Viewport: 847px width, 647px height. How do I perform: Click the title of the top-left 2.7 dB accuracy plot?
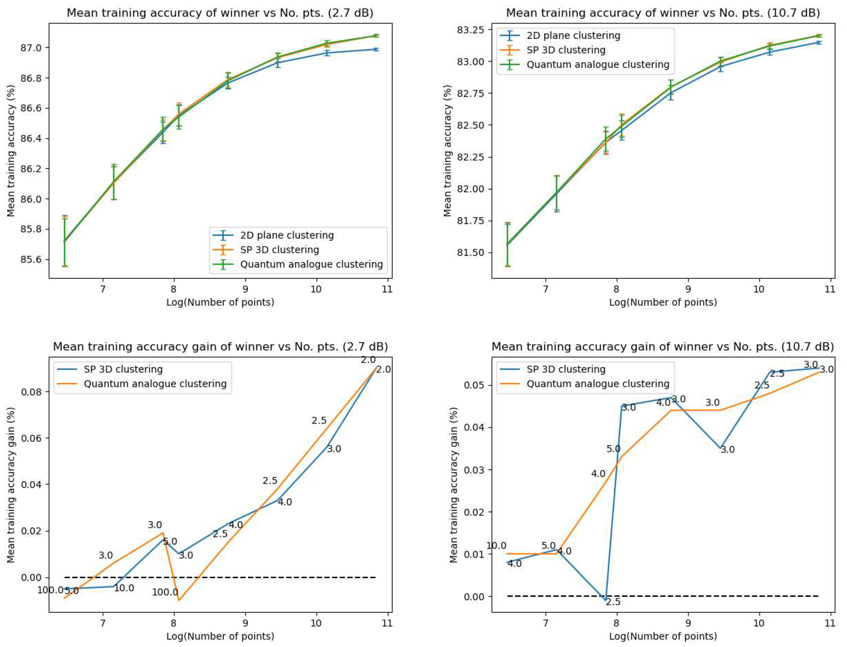(220, 13)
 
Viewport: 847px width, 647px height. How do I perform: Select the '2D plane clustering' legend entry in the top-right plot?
(573, 36)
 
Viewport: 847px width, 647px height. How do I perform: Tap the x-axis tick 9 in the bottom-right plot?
(688, 623)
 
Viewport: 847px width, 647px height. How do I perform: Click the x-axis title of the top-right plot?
(663, 302)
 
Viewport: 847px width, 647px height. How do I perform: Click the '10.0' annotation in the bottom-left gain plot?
(124, 588)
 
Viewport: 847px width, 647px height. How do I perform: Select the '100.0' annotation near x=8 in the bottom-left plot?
(165, 592)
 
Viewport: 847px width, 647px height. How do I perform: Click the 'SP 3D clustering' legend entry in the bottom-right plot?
(566, 369)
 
